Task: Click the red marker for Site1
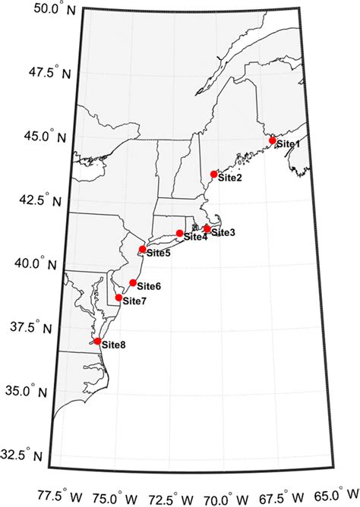pos(273,140)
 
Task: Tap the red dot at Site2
pos(214,174)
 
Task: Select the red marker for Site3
pos(207,228)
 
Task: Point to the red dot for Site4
pos(180,233)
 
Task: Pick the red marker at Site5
pos(143,249)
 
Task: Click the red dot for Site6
pos(133,282)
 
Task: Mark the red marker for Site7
pos(119,297)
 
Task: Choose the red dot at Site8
pos(97,341)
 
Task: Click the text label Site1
pos(288,143)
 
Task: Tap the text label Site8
pos(113,345)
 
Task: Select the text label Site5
pos(158,253)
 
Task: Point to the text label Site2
pos(229,178)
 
